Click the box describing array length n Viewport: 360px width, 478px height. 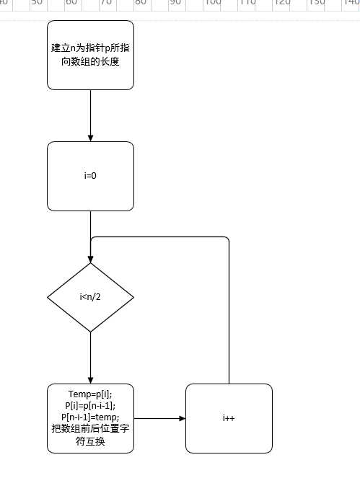point(90,55)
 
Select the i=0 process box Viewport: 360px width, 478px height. point(90,176)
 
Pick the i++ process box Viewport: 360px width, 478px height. point(229,418)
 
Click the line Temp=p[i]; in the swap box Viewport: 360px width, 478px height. point(90,394)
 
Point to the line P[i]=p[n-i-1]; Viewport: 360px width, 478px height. point(90,406)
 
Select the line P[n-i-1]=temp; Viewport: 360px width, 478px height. point(90,417)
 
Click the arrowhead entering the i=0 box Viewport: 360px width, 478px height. point(90,138)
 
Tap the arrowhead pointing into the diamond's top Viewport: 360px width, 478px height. point(90,258)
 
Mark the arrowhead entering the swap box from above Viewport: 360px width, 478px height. point(90,380)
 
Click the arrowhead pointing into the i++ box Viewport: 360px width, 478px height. point(181,418)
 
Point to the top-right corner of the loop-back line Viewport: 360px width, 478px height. point(227,239)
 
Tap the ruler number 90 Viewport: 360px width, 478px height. point(175,3)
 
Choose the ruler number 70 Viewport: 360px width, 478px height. point(106,3)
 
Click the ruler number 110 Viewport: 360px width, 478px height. point(247,3)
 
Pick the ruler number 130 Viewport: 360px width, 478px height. point(317,3)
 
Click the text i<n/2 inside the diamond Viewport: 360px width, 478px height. point(90,297)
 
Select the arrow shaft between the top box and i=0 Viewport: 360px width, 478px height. point(90,112)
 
